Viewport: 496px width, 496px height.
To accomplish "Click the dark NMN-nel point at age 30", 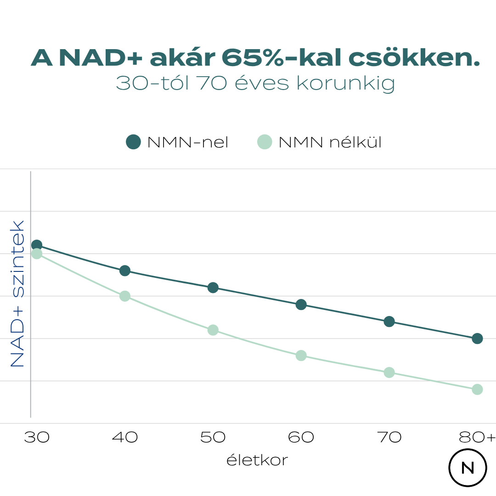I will (x=37, y=245).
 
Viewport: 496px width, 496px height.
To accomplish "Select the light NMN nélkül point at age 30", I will (x=37, y=254).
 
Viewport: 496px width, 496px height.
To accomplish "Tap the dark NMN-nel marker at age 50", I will (x=213, y=287).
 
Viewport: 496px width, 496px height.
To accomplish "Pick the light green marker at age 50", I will (x=213, y=330).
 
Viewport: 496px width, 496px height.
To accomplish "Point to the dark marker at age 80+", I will (x=477, y=338).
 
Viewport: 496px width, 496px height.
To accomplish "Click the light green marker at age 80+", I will (x=477, y=389).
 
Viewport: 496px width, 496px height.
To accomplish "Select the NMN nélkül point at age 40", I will (x=125, y=296).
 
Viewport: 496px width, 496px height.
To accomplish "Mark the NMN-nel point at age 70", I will (x=389, y=321).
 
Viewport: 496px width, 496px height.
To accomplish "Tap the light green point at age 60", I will (x=301, y=355).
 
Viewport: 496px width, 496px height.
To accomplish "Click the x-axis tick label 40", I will (x=125, y=437).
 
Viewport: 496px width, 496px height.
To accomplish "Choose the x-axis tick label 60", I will (x=301, y=437).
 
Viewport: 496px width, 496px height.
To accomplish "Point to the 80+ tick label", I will (x=477, y=437).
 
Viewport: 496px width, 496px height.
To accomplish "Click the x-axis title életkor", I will (x=257, y=460).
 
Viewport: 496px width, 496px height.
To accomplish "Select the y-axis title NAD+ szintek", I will (x=17, y=294).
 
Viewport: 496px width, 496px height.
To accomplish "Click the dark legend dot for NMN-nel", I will (x=133, y=142).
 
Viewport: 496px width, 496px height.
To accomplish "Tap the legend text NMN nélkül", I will (x=330, y=142).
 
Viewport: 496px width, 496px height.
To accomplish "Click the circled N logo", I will (x=468, y=468).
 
